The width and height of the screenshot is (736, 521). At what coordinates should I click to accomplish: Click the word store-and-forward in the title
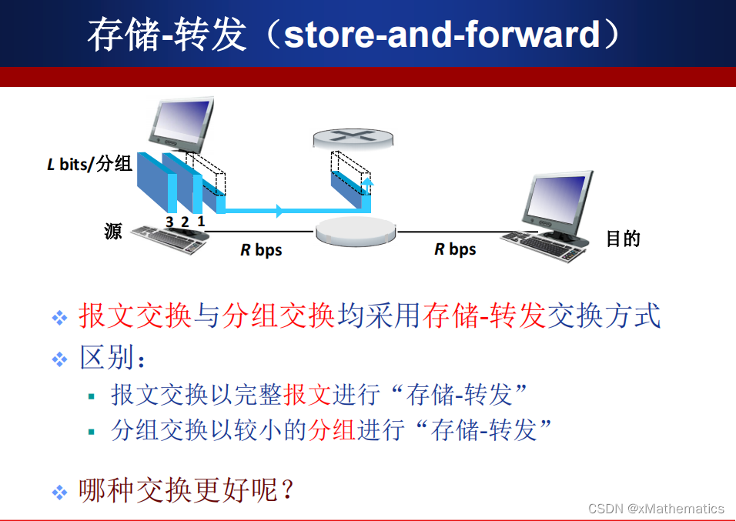[441, 35]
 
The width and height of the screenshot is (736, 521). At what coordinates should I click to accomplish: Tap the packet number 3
[169, 221]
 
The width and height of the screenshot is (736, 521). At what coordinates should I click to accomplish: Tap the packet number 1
[201, 221]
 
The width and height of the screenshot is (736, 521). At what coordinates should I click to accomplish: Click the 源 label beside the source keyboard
[113, 231]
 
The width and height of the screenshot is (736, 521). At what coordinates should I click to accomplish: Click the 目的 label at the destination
[623, 239]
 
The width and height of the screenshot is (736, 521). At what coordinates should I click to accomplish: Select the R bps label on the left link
[261, 250]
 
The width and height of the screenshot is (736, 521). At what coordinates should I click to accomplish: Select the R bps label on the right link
[455, 249]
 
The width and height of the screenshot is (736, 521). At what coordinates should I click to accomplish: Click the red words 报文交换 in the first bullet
[135, 316]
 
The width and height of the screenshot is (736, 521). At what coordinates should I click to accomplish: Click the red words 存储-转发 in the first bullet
[484, 316]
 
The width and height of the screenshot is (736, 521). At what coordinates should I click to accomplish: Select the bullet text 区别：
[112, 358]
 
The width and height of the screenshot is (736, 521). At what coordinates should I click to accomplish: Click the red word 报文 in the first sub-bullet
[307, 395]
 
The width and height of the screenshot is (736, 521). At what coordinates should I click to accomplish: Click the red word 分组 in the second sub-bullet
[332, 429]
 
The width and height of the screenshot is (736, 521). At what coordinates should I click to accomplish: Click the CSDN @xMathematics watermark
[656, 509]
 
